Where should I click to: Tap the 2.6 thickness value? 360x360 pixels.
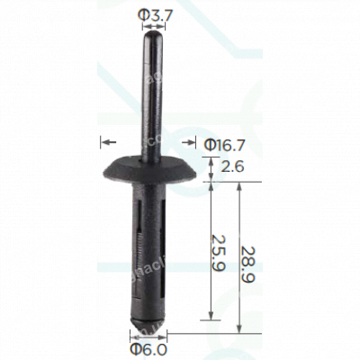tap(232, 166)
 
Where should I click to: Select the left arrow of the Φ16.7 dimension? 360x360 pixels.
tap(106, 141)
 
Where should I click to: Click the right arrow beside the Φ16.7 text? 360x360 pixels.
tap(190, 141)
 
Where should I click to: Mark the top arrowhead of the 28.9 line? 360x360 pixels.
tap(240, 184)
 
